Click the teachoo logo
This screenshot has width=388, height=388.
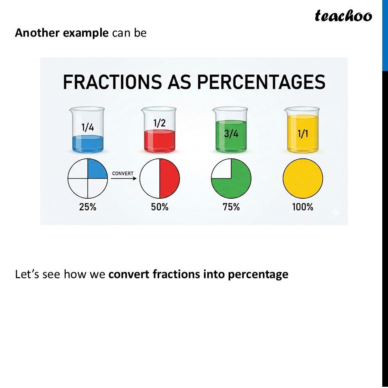pyautogui.click(x=343, y=16)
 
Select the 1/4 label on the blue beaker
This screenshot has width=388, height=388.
pyautogui.click(x=87, y=127)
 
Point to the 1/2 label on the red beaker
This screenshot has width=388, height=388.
pyautogui.click(x=159, y=123)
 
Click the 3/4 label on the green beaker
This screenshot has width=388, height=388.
pyautogui.click(x=231, y=134)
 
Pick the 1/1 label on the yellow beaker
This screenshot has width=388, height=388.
pyautogui.click(x=303, y=134)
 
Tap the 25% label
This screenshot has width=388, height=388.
pyautogui.click(x=87, y=207)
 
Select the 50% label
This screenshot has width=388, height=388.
pyautogui.click(x=159, y=207)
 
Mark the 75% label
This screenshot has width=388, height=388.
pyautogui.click(x=231, y=207)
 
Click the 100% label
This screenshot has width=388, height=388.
pyautogui.click(x=303, y=207)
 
